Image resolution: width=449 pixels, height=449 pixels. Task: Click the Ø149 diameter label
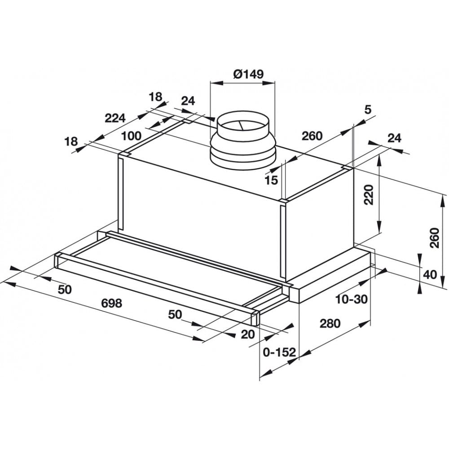[x=248, y=74]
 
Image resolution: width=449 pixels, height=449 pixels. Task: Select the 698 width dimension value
[x=111, y=304]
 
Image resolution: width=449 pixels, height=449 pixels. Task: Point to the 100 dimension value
[x=131, y=135]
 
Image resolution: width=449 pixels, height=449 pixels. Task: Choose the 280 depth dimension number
[x=330, y=323]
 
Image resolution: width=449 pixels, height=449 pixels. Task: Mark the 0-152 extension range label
[x=279, y=352]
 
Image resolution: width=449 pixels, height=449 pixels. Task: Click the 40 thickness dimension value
[x=430, y=274]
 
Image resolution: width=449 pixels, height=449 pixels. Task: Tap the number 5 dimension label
[x=368, y=110]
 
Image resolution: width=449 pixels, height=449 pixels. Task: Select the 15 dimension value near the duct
[x=271, y=180]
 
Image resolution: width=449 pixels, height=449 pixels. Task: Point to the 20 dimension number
[x=248, y=334]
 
